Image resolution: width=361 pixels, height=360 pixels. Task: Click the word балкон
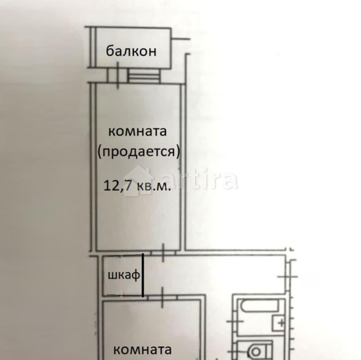pyautogui.click(x=131, y=51)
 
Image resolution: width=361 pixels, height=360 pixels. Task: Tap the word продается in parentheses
pyautogui.click(x=139, y=152)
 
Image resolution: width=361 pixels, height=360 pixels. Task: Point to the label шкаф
pyautogui.click(x=123, y=275)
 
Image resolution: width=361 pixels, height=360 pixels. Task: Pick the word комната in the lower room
pyautogui.click(x=142, y=349)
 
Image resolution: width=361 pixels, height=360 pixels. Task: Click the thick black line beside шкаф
pyautogui.click(x=143, y=275)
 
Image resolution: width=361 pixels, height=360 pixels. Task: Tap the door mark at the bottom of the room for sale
pyautogui.click(x=164, y=252)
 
